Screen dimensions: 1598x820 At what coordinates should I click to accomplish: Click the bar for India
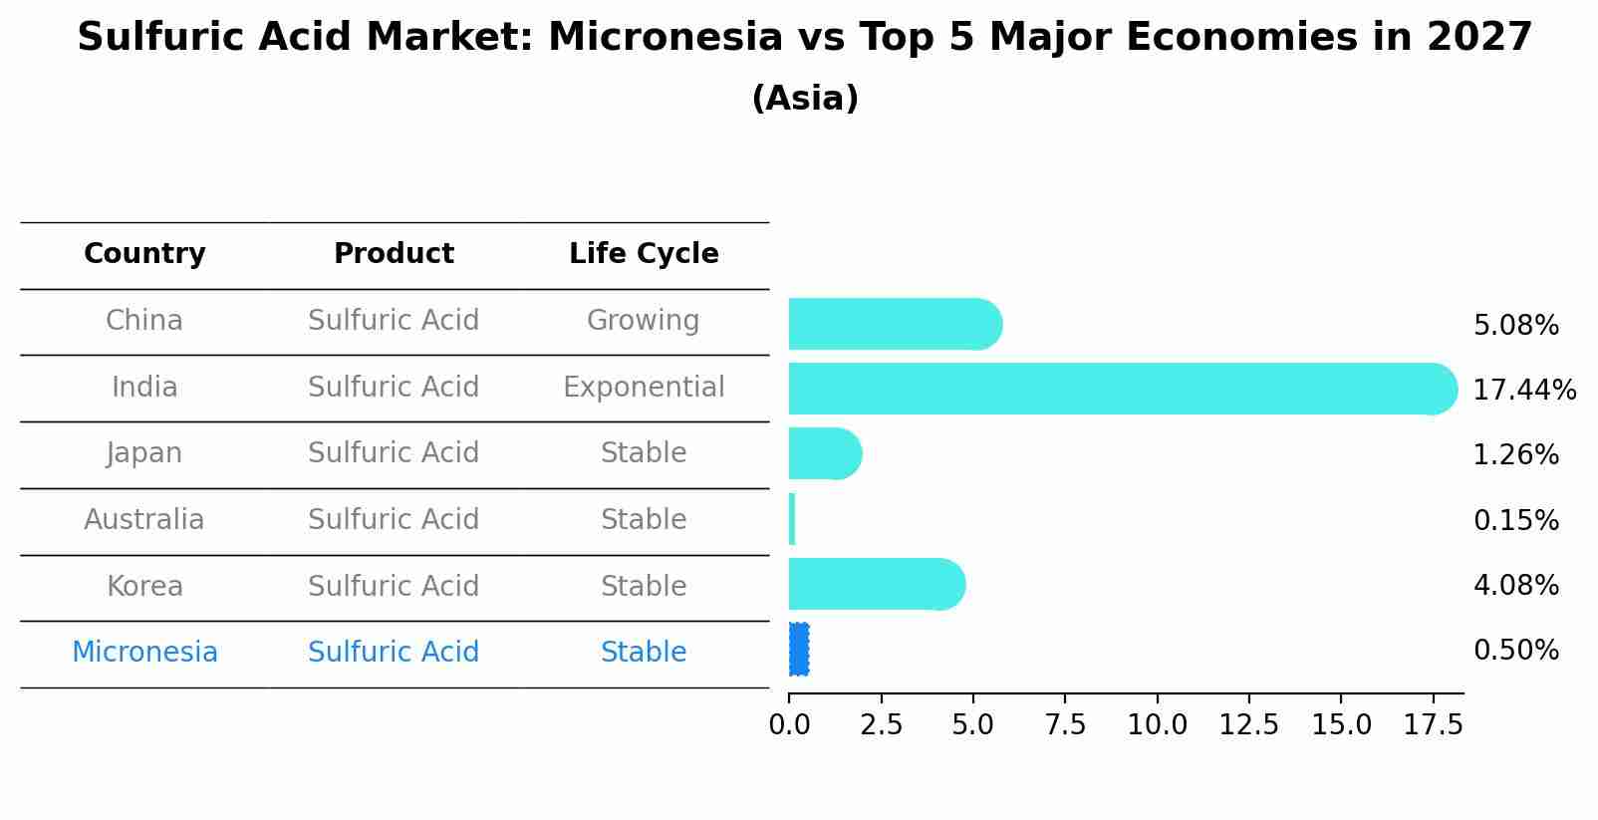click(x=1123, y=389)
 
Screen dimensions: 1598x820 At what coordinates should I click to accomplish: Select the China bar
click(x=896, y=324)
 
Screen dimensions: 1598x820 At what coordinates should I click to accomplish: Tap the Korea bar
click(x=877, y=585)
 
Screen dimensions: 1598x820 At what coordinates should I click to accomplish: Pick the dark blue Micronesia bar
click(x=799, y=650)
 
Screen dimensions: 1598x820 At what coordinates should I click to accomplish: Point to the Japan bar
click(x=825, y=454)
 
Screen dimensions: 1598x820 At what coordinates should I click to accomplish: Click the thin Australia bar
click(x=792, y=519)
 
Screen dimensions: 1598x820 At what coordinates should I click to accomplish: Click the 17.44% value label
click(x=1524, y=390)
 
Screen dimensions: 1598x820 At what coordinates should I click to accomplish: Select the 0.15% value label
click(x=1516, y=520)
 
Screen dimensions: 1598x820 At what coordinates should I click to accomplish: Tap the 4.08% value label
click(x=1516, y=585)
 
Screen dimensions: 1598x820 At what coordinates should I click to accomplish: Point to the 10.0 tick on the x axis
click(x=1157, y=724)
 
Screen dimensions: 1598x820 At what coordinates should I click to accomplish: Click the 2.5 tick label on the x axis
click(x=881, y=724)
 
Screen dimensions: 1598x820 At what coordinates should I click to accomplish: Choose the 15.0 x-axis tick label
click(x=1341, y=724)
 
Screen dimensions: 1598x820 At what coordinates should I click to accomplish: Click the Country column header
click(x=144, y=253)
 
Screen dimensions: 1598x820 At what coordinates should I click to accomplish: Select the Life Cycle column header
click(x=644, y=253)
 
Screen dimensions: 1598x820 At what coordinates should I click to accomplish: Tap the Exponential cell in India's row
click(x=644, y=387)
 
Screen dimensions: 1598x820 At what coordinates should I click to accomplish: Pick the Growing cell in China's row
click(x=644, y=321)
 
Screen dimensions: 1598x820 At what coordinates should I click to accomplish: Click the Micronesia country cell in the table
click(x=144, y=652)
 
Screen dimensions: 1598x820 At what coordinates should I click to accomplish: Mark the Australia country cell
click(x=144, y=519)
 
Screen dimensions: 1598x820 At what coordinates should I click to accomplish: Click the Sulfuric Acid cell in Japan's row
click(x=394, y=452)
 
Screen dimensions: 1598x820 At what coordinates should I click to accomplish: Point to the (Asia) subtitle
click(x=805, y=98)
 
